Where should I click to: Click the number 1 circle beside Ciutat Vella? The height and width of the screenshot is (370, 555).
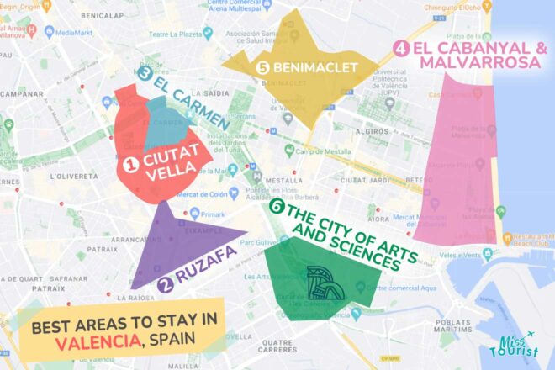pyautogui.click(x=130, y=157)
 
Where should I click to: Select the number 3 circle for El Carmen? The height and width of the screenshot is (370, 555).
pyautogui.click(x=145, y=74)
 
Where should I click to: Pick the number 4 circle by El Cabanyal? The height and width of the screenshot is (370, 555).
pyautogui.click(x=402, y=50)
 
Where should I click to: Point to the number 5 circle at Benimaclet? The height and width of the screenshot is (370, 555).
pyautogui.click(x=263, y=67)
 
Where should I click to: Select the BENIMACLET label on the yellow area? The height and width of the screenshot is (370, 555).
pyautogui.click(x=315, y=67)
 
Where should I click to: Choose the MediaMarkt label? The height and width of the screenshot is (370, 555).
pyautogui.click(x=75, y=33)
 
